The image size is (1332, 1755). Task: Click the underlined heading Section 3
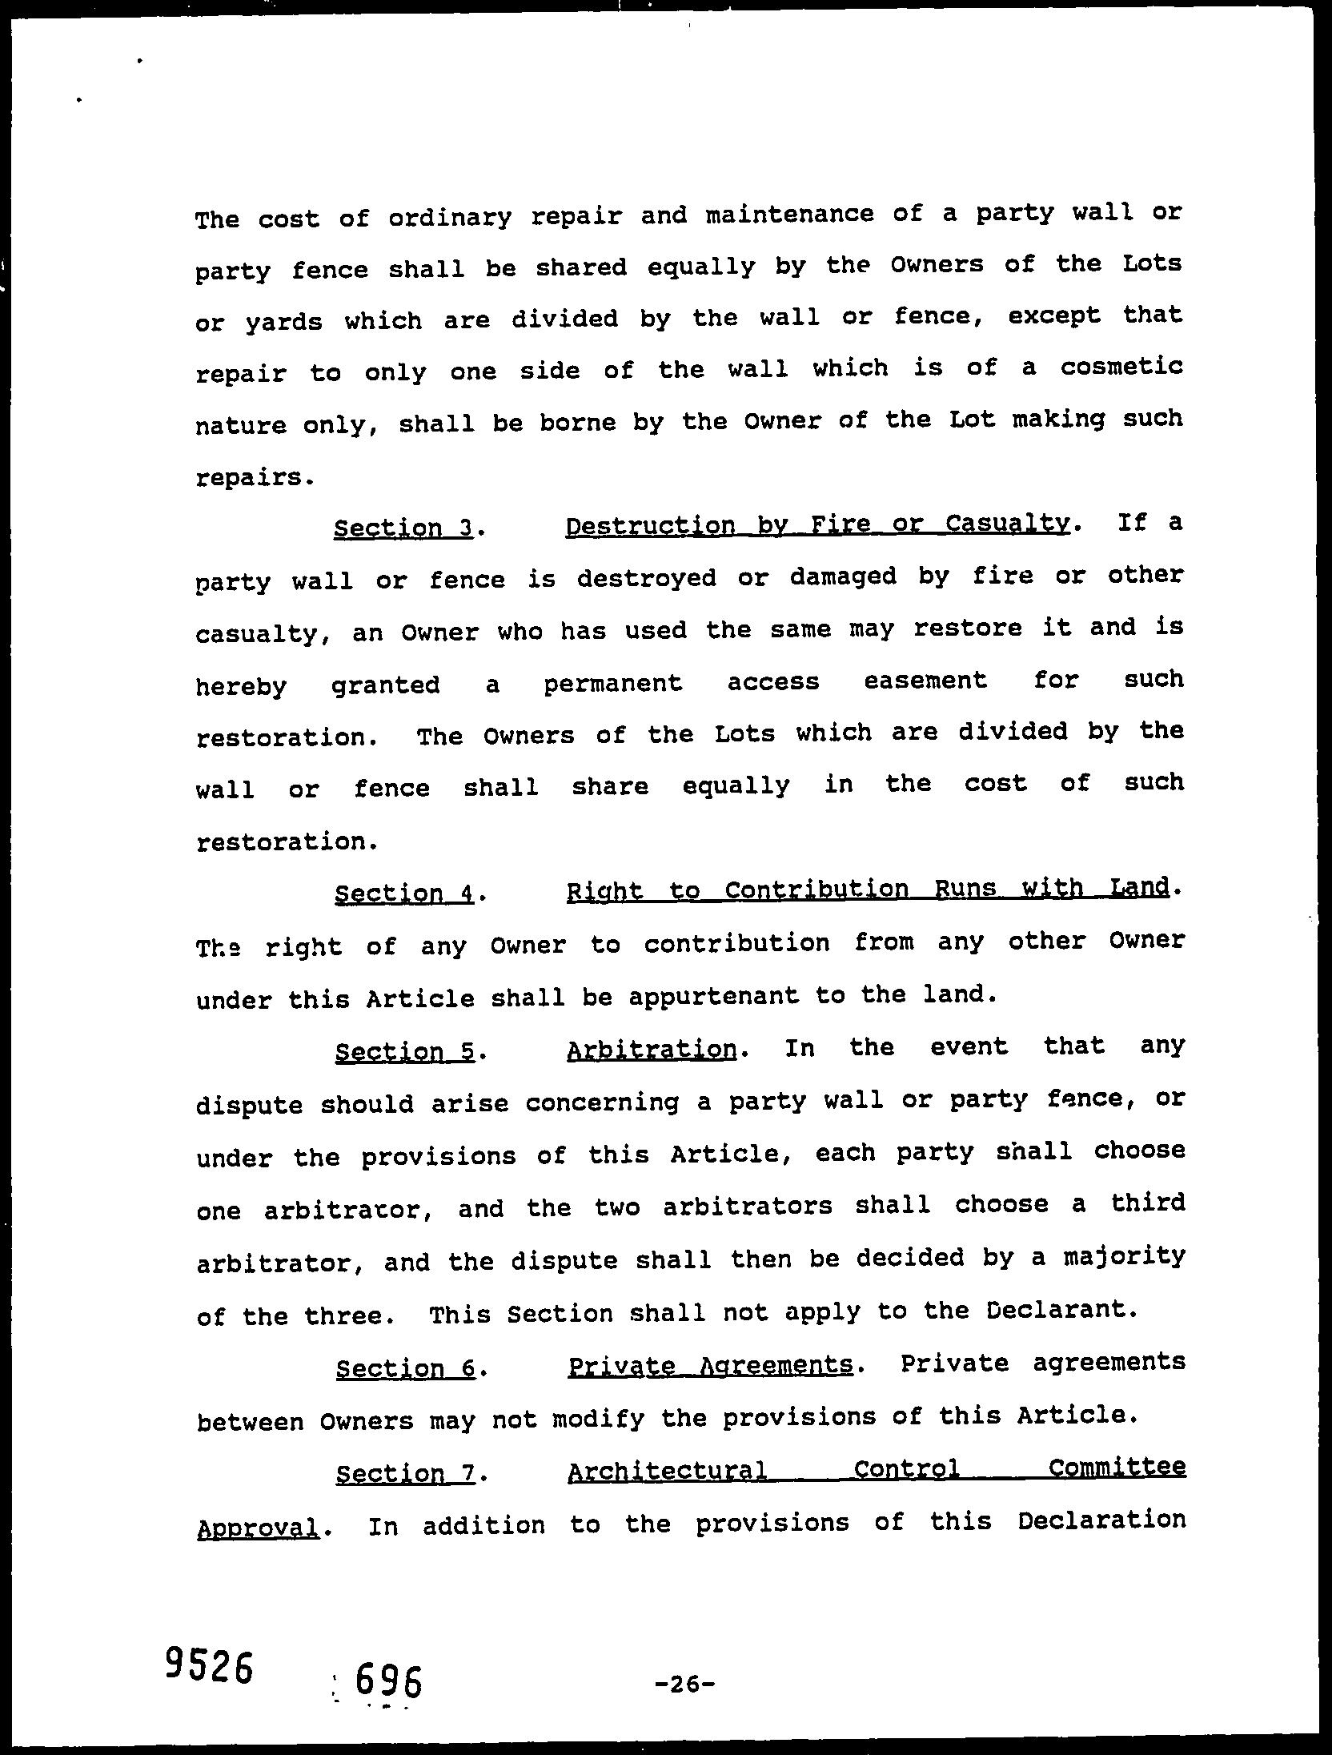pyautogui.click(x=403, y=528)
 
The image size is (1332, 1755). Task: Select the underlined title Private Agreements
pyautogui.click(x=710, y=1365)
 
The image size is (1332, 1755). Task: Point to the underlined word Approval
pyautogui.click(x=258, y=1528)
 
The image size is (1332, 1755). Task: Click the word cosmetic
pyautogui.click(x=1121, y=367)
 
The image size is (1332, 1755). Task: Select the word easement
pyautogui.click(x=925, y=681)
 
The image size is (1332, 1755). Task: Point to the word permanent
pyautogui.click(x=613, y=683)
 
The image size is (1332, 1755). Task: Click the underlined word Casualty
pyautogui.click(x=1007, y=524)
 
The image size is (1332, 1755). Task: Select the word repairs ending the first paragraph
pyautogui.click(x=249, y=478)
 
